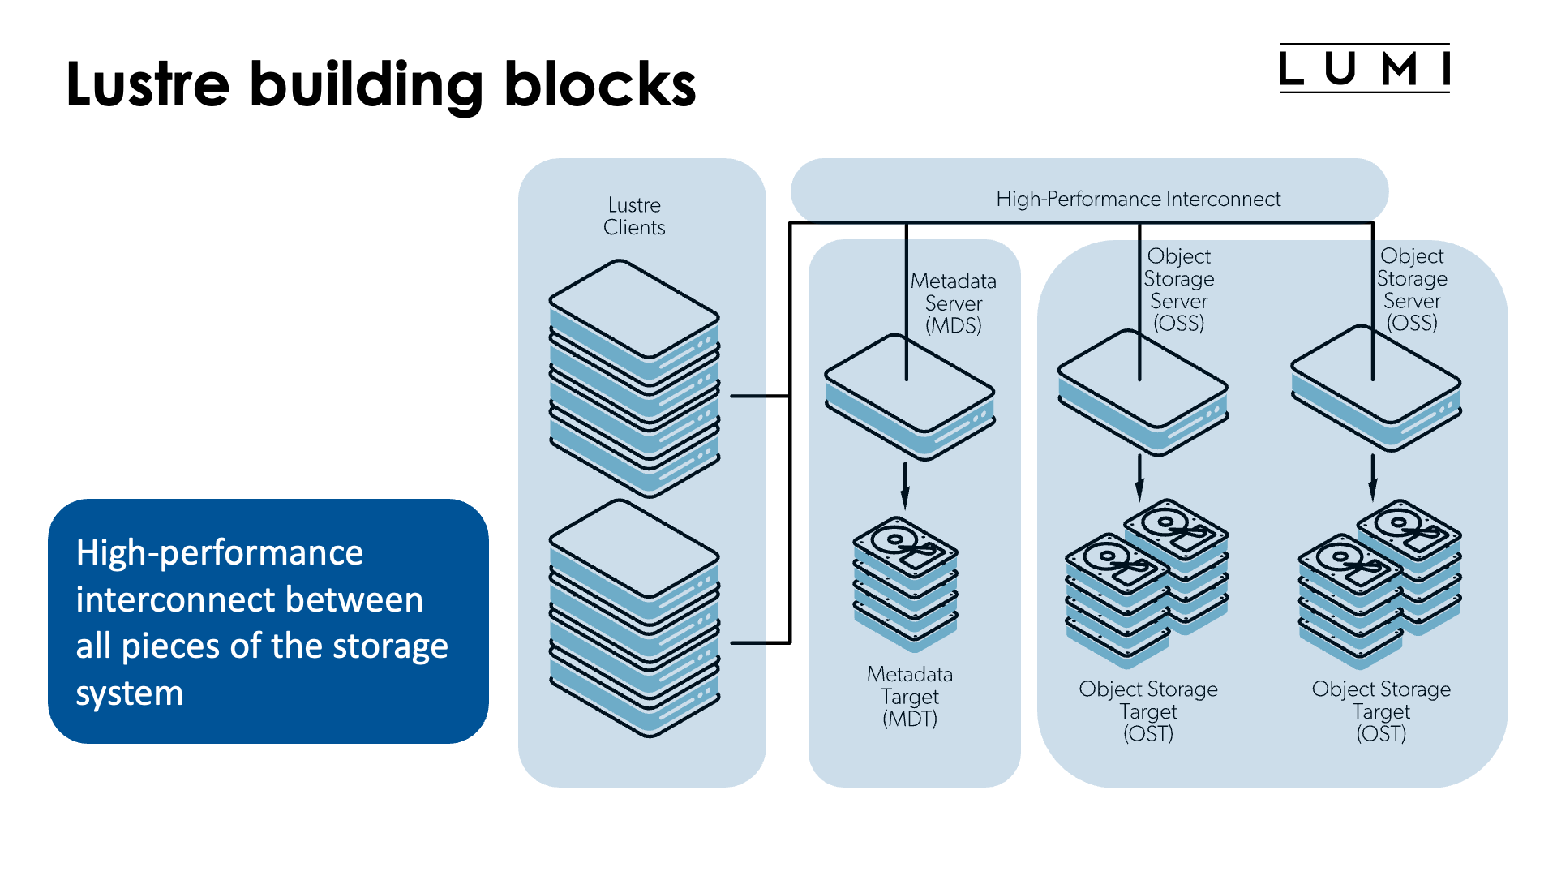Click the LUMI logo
1364,68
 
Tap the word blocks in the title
600,84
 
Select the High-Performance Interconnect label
1138,199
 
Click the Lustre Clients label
634,216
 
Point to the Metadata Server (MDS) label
954,303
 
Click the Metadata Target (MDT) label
910,697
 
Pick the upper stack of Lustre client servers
634,377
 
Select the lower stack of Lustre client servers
634,618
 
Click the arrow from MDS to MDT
905,485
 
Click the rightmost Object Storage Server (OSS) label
1412,290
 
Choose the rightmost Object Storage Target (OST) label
1381,711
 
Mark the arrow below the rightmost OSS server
1372,479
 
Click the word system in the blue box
130,693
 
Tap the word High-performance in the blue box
219,553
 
